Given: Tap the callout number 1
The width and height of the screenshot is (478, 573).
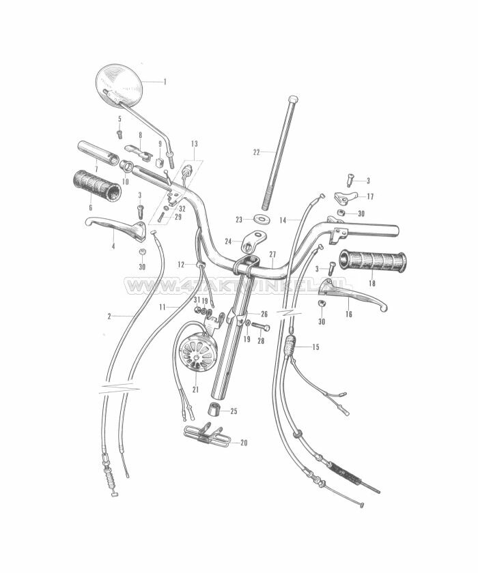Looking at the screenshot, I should [x=165, y=81].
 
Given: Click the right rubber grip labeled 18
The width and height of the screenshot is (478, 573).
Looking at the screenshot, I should [x=374, y=261].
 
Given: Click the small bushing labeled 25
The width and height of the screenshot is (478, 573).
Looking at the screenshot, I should [x=214, y=411].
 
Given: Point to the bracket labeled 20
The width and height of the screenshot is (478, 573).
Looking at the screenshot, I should [x=207, y=435].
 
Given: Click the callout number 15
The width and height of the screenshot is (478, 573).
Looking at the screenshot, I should [x=315, y=347].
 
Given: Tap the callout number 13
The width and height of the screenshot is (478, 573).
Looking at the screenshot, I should [x=195, y=144].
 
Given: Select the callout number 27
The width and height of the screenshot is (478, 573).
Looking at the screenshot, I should [x=272, y=254].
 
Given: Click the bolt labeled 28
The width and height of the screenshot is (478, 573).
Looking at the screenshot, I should [x=262, y=327].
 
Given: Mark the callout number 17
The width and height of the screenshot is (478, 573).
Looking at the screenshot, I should [x=370, y=196].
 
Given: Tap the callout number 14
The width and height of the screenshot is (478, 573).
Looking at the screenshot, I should [x=283, y=220].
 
